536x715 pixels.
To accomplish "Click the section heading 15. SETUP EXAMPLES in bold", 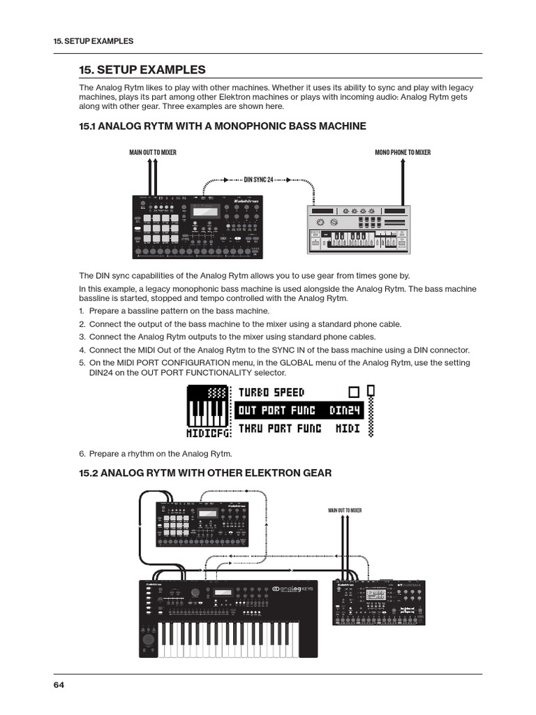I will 142,69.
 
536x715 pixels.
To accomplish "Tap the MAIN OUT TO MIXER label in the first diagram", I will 153,152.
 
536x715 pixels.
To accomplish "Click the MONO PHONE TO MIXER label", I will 403,152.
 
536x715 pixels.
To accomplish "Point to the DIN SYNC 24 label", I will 258,179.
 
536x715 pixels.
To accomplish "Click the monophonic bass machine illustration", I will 359,230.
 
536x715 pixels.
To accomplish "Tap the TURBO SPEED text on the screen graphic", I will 271,392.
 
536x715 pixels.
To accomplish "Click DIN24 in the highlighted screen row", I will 345,410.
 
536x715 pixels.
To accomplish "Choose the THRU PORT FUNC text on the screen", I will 280,427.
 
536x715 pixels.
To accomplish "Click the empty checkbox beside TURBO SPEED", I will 353,392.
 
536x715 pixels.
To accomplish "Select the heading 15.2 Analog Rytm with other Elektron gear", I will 205,473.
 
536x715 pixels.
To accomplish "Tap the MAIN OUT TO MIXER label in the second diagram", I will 345,510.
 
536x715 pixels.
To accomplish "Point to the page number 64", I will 59,685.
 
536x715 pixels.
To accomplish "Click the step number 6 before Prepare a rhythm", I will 82,453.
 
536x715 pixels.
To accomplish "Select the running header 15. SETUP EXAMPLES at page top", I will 93,41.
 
